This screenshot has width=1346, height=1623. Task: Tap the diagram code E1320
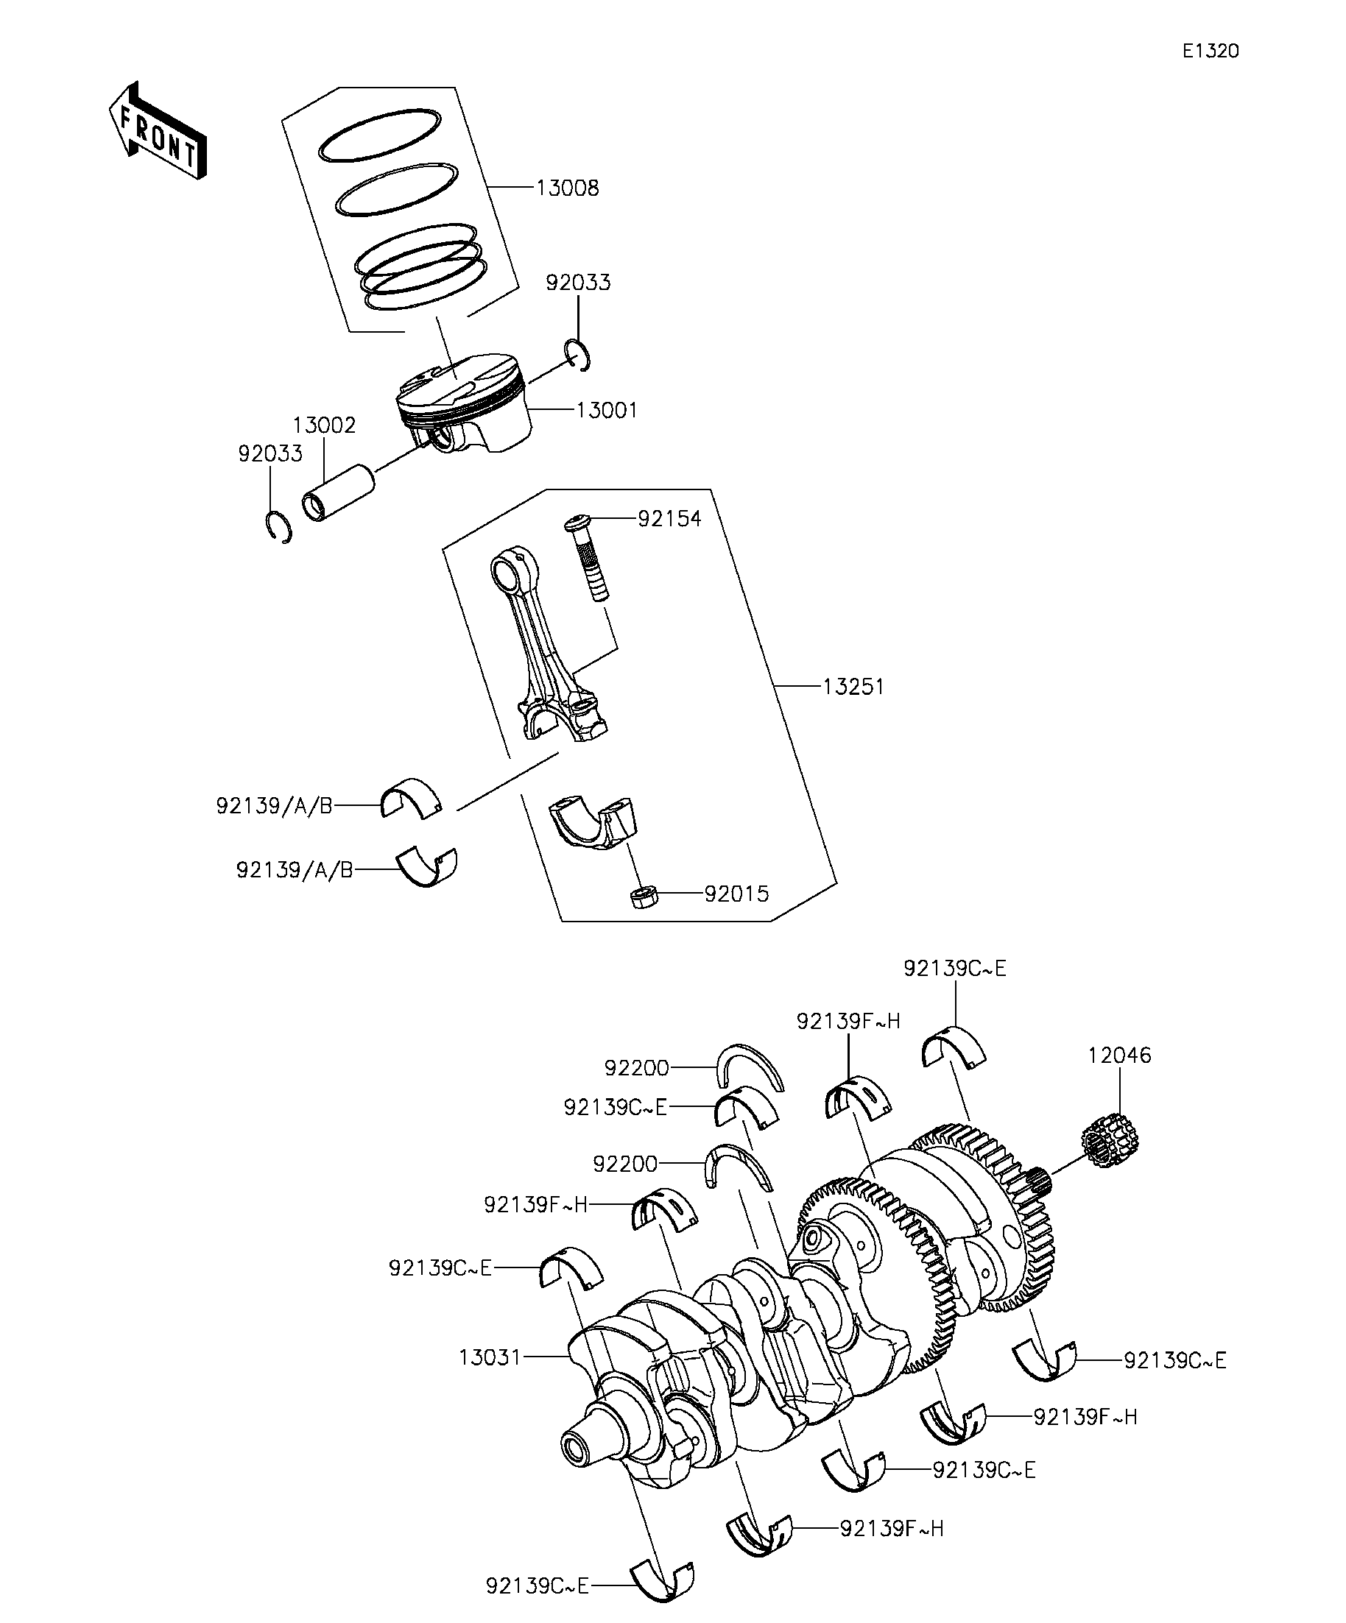[x=1210, y=51]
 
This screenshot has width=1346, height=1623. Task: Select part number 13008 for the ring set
[x=568, y=188]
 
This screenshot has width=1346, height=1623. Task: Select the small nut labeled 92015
[x=644, y=897]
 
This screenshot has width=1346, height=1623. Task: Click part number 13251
[x=853, y=686]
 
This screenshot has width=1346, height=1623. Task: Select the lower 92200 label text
[x=624, y=1163]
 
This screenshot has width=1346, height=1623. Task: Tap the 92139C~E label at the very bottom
[x=538, y=1586]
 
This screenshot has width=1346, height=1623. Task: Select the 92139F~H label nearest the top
[x=848, y=1021]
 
